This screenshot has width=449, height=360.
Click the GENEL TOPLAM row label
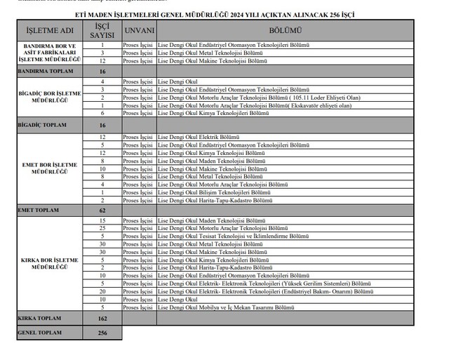click(39, 332)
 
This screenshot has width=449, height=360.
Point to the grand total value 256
click(102, 332)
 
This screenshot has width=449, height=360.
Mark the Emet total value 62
click(102, 209)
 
